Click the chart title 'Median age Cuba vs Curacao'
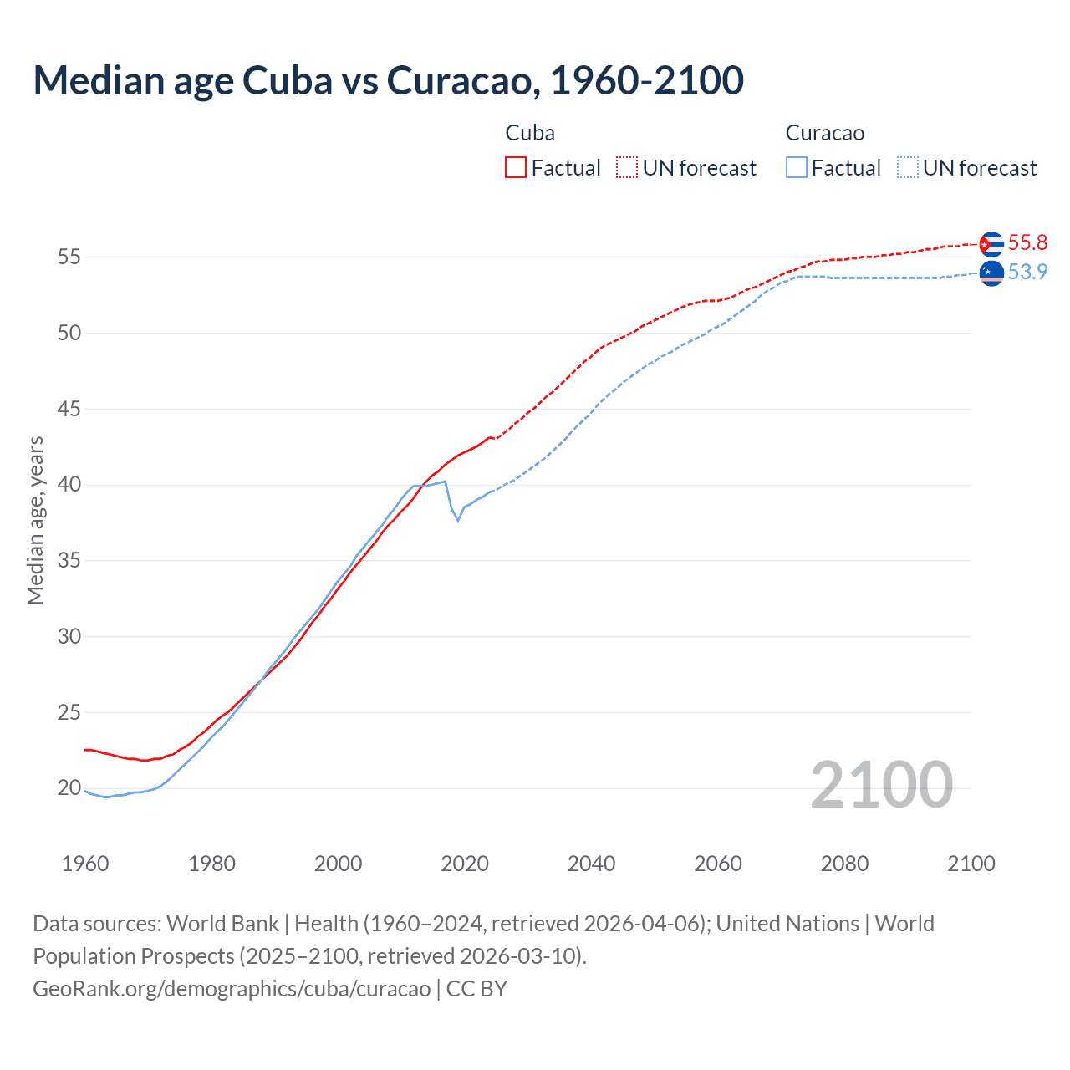click(x=388, y=80)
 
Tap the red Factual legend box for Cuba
click(x=516, y=167)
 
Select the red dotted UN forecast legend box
click(x=627, y=167)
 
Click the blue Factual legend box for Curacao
click(x=797, y=167)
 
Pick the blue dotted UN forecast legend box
click(x=907, y=167)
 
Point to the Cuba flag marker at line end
click(x=991, y=244)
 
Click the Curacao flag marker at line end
click(x=991, y=273)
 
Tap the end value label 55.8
click(x=1027, y=243)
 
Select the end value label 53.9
click(x=1027, y=273)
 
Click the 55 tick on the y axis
click(x=69, y=257)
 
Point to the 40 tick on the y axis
click(x=69, y=485)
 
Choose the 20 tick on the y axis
click(x=69, y=787)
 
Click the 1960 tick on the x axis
click(x=85, y=864)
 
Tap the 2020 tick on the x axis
click(x=465, y=864)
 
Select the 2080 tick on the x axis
click(x=844, y=864)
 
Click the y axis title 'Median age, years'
click(x=35, y=520)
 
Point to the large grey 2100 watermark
click(x=881, y=785)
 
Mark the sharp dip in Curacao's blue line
click(x=457, y=520)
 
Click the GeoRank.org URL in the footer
click(x=232, y=989)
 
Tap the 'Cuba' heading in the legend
click(x=530, y=133)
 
